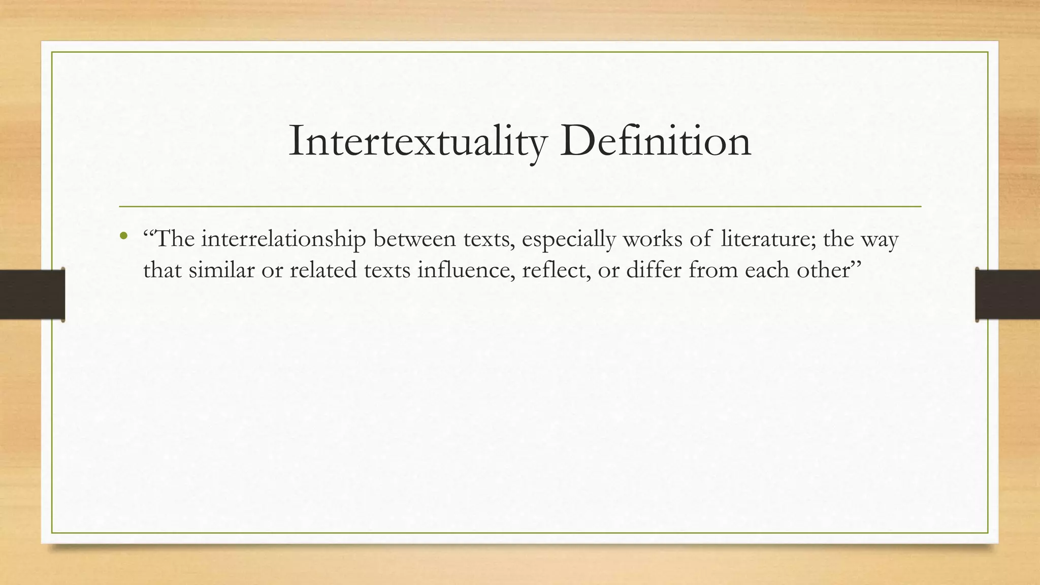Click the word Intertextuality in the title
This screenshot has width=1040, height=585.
[417, 142]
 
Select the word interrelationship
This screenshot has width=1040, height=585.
[283, 239]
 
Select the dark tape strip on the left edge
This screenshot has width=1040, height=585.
[32, 295]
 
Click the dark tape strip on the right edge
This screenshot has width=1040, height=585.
[1007, 295]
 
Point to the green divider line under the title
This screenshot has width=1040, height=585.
[520, 207]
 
